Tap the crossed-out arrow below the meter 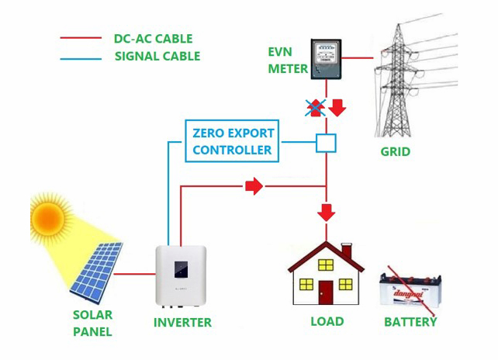pos(315,108)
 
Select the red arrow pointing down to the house pos(327,211)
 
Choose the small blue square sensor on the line pos(326,143)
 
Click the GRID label pos(395,151)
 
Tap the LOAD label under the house pos(327,321)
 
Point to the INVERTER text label pos(182,322)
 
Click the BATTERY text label pos(410,321)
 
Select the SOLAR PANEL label pos(92,324)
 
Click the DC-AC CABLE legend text pos(153,38)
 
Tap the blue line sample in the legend pos(80,56)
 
